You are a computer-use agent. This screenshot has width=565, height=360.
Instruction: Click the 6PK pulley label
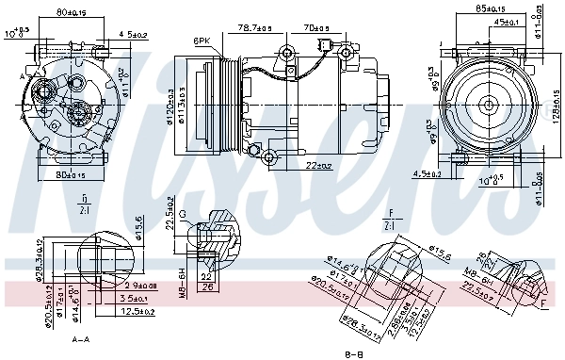[202, 41]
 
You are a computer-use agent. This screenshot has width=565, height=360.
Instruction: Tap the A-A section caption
[82, 339]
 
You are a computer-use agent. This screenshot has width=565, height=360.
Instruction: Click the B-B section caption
[353, 353]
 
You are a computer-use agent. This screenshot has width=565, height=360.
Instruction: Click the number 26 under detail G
[207, 286]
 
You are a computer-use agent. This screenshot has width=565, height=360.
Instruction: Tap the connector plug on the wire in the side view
[324, 45]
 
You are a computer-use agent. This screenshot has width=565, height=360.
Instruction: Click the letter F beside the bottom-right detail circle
[543, 303]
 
